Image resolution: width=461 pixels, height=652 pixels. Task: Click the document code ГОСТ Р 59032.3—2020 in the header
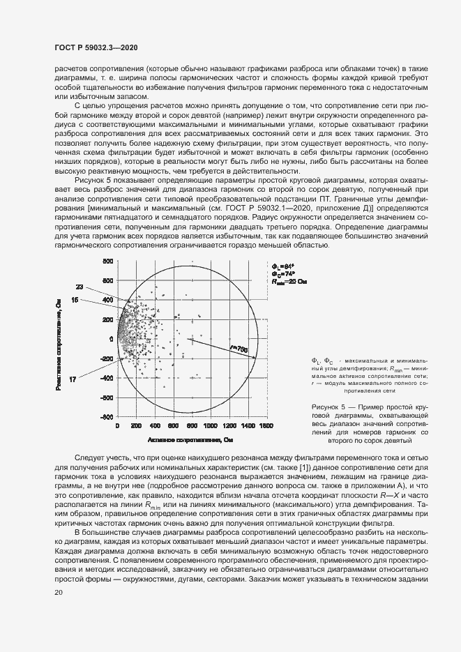95,47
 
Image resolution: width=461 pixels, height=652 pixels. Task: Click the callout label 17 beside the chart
73,378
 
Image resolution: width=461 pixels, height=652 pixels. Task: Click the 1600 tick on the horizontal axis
264,425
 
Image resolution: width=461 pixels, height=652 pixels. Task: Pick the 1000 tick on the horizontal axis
209,425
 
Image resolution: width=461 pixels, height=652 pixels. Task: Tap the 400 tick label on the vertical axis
107,300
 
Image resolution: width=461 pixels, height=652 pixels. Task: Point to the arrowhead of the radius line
255,357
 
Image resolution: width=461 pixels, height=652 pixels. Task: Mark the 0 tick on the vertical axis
110,339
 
